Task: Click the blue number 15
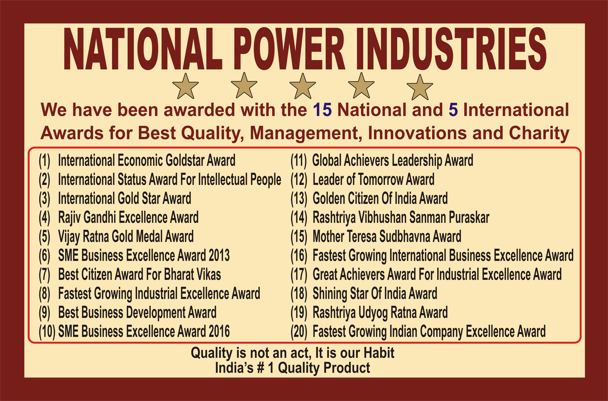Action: click(x=322, y=110)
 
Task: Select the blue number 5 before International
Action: click(x=453, y=110)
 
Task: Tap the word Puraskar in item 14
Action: click(x=469, y=218)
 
